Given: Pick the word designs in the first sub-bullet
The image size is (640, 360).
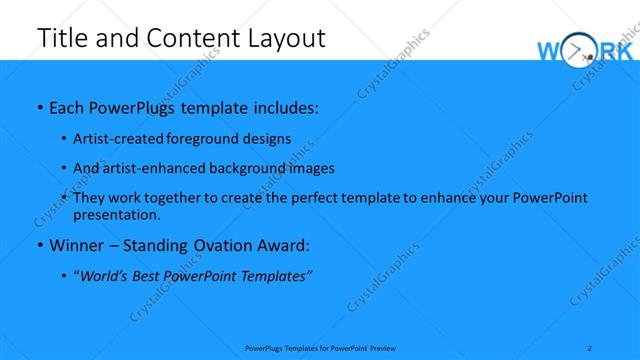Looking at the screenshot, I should click(x=260, y=138).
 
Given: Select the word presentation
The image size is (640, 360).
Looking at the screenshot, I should click(x=115, y=214).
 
